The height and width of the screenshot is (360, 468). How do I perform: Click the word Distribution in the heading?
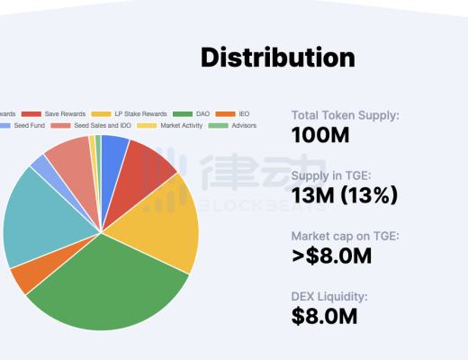pyautogui.click(x=277, y=58)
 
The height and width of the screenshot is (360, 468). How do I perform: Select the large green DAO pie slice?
pyautogui.click(x=108, y=288)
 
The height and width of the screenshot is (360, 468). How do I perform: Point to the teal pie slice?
pyautogui.click(x=36, y=216)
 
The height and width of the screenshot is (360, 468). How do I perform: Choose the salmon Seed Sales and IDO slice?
pyautogui.click(x=67, y=157)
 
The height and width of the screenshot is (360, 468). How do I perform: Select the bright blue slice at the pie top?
pyautogui.click(x=113, y=148)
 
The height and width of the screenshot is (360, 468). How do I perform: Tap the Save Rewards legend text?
pyautogui.click(x=64, y=114)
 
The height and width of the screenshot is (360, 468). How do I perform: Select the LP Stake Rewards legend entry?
pyautogui.click(x=142, y=114)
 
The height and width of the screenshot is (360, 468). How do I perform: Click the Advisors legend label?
pyautogui.click(x=244, y=126)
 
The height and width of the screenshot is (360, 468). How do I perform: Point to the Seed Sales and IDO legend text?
pyautogui.click(x=103, y=126)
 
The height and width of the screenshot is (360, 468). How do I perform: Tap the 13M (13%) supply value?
pyautogui.click(x=345, y=194)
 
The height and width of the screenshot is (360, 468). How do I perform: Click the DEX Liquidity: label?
pyautogui.click(x=328, y=295)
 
